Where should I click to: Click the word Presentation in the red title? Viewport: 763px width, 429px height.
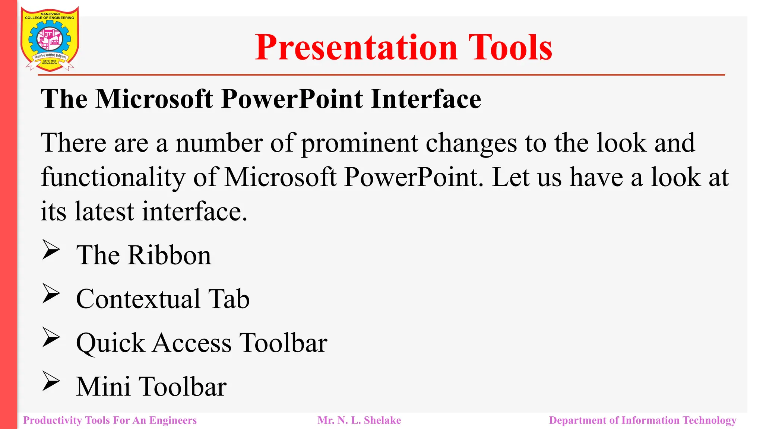tap(356, 47)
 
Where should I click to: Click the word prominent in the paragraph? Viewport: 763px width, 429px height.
tap(359, 143)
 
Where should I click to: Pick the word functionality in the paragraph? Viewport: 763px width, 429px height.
tap(113, 177)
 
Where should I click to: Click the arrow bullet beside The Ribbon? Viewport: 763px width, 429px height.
tap(51, 249)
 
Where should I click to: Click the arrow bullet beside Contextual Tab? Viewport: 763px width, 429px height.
tap(51, 293)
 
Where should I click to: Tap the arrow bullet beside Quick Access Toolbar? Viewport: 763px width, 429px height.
tap(51, 337)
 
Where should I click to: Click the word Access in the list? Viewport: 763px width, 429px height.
tap(192, 343)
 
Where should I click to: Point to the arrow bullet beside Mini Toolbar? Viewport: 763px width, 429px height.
tap(51, 381)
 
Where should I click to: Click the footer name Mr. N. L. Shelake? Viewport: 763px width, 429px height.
tap(359, 420)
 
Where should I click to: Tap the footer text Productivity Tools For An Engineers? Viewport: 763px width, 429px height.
tap(110, 420)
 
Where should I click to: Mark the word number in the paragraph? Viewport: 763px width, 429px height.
tap(219, 143)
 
